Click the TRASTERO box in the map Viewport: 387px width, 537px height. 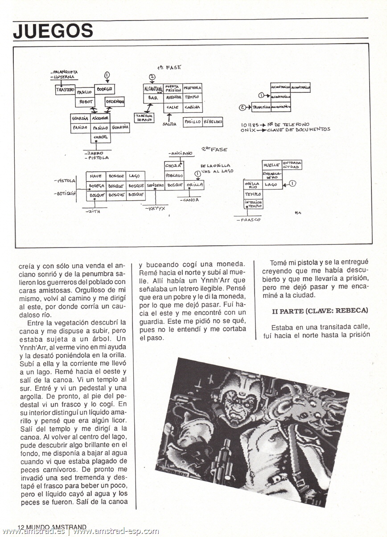tap(65, 90)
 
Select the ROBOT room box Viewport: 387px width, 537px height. tap(86, 102)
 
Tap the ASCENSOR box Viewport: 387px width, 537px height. tap(100, 118)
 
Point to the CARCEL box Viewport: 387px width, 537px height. tap(101, 137)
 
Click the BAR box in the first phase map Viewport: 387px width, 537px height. tap(153, 98)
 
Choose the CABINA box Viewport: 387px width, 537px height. tap(193, 107)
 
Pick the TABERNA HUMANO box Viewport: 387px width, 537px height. tap(144, 118)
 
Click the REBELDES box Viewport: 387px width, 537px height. tap(213, 121)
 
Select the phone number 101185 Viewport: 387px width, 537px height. tap(250, 124)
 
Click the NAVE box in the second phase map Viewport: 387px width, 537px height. tap(97, 176)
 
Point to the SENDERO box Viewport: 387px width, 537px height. tap(156, 185)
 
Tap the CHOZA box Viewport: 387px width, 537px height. tap(174, 166)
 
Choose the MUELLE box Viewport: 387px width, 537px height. tap(272, 165)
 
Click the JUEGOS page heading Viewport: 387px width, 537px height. tap(53, 31)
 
